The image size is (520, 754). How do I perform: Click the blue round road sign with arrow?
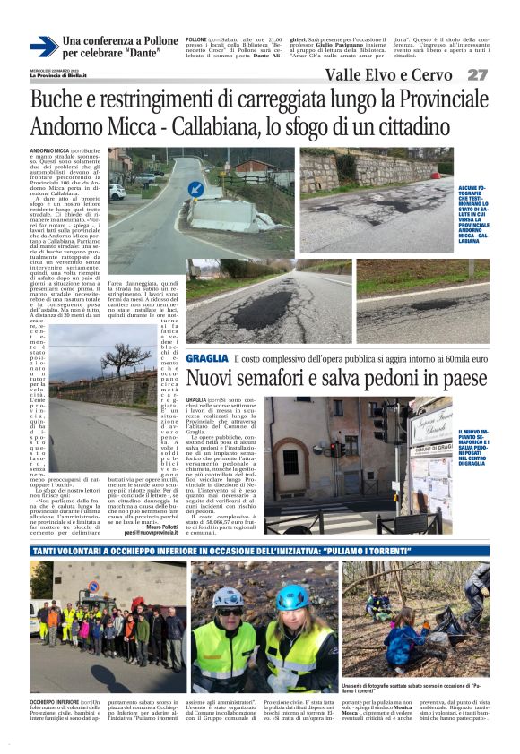(196, 190)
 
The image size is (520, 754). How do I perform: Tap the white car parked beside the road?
(117, 192)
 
